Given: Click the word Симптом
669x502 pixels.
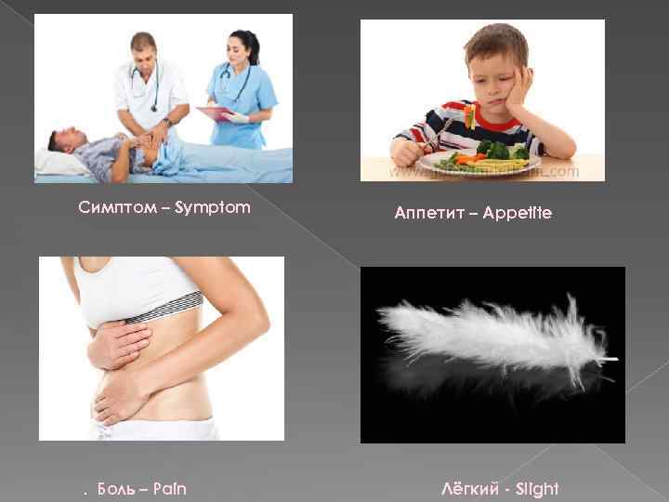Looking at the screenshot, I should point(110,206).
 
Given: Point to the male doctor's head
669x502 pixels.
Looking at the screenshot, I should point(144,51).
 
